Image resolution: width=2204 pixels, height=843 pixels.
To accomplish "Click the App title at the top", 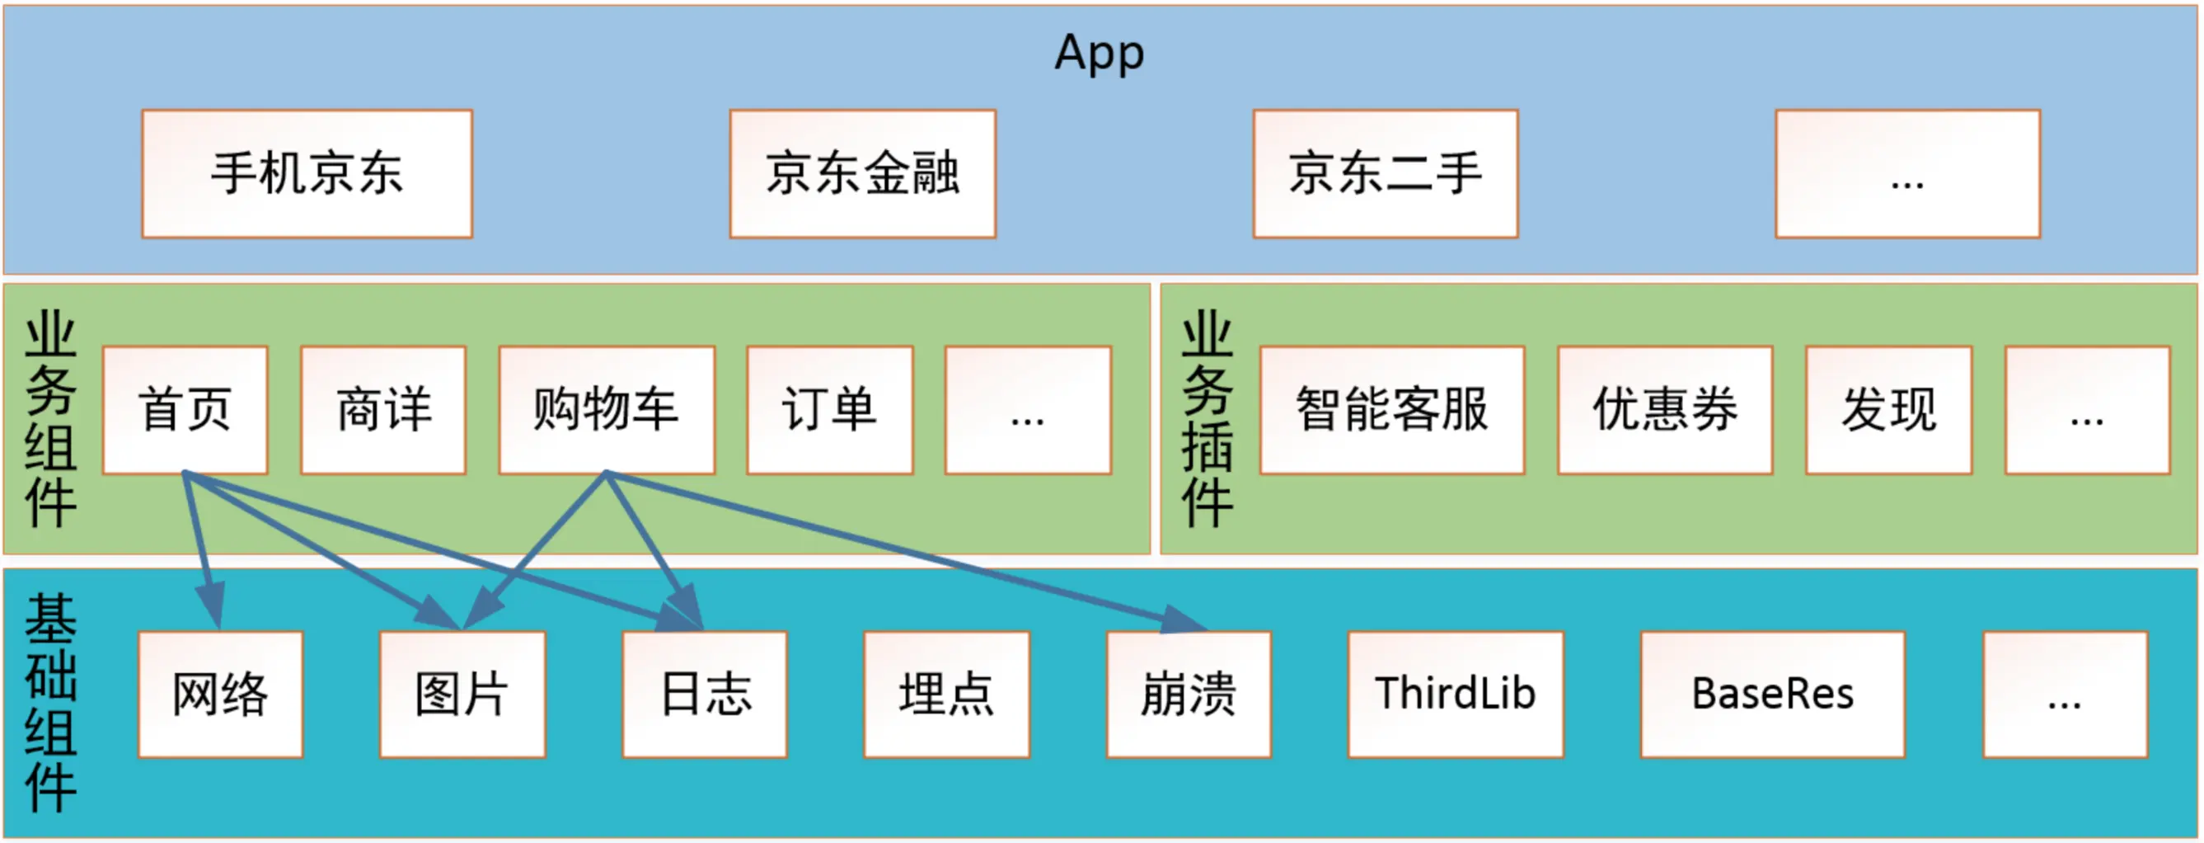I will (1100, 53).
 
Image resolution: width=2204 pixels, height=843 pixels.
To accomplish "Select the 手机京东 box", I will (307, 174).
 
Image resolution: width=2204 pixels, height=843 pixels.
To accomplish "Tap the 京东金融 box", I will (862, 174).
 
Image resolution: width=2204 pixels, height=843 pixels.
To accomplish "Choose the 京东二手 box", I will (1386, 174).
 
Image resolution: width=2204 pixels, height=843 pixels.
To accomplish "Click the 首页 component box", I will (185, 410).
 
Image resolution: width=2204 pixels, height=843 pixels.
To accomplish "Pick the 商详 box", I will (383, 410).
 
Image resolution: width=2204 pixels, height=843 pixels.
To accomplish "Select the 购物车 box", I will (607, 410).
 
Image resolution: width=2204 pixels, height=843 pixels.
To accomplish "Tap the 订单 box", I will (830, 410).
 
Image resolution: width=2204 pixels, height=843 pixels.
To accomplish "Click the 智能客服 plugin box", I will (1392, 410).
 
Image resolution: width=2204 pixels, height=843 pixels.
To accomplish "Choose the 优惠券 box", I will (1665, 410).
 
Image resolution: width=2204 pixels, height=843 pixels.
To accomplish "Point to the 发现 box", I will (1889, 410).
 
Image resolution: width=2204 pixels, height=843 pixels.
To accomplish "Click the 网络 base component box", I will (221, 694).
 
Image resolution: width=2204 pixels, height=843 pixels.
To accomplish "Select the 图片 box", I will (463, 694).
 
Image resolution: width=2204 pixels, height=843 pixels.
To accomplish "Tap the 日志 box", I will (705, 694).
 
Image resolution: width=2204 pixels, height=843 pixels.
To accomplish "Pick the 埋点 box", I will (946, 694).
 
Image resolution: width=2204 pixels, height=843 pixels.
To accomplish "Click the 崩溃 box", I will (1189, 694).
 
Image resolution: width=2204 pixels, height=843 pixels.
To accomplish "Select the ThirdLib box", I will (1456, 694).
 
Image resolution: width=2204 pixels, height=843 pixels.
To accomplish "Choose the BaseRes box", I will (1773, 694).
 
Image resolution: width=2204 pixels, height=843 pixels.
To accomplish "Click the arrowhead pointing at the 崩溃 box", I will (1188, 621).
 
